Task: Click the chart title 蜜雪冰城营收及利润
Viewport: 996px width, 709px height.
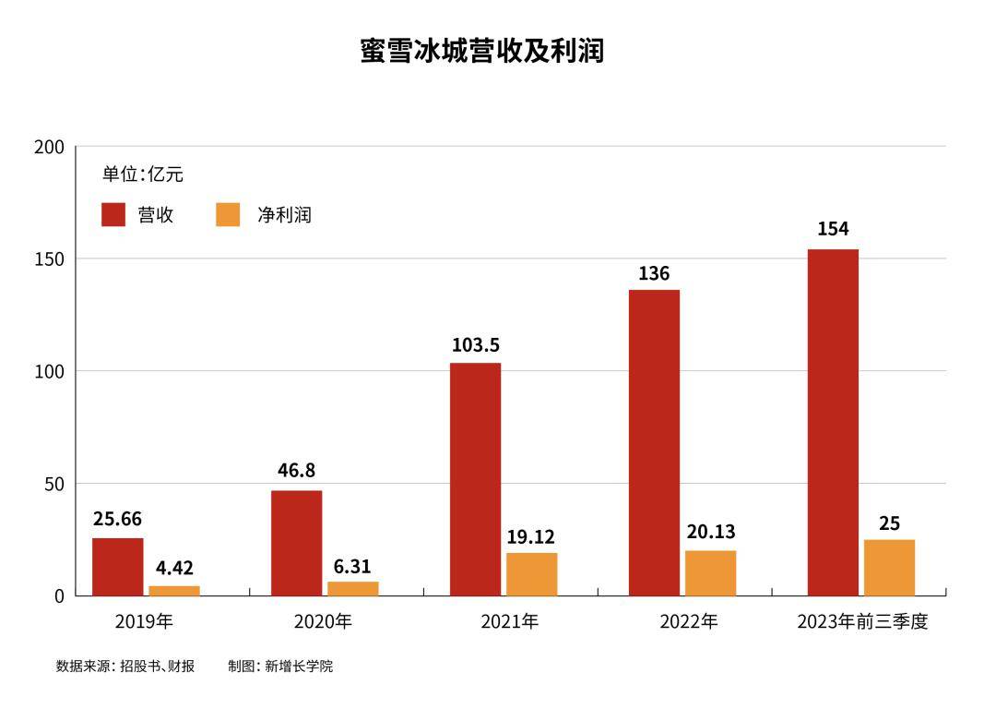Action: tap(481, 51)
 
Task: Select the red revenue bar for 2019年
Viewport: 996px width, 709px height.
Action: tap(118, 567)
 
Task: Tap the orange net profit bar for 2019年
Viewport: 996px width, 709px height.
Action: tap(174, 590)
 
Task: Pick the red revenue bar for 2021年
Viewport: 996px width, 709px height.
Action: tap(476, 479)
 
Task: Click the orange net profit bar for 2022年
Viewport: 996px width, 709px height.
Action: tap(710, 572)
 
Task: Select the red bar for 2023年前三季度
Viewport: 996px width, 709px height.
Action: tap(833, 423)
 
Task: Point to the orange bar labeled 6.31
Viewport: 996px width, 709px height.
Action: tap(352, 588)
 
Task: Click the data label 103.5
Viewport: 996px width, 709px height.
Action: tap(476, 345)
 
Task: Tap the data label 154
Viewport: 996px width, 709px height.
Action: tap(833, 229)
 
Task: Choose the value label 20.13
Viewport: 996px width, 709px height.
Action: tap(710, 532)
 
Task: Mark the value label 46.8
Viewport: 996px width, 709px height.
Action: tap(296, 471)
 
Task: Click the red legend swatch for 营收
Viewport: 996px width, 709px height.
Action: tap(113, 215)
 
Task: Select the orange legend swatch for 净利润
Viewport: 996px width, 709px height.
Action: tap(228, 215)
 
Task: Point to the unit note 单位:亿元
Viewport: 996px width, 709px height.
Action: tap(143, 174)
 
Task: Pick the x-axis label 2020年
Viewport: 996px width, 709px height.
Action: tap(323, 621)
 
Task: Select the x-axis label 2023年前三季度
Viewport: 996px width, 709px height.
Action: tap(862, 621)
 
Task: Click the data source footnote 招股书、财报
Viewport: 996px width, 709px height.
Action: tap(157, 666)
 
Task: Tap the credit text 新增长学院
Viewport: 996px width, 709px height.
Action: tap(299, 666)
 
